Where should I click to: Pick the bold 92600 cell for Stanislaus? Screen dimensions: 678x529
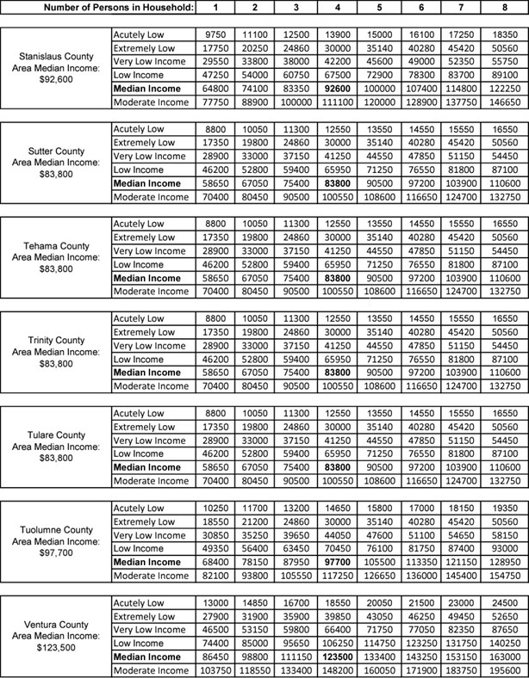pyautogui.click(x=334, y=88)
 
